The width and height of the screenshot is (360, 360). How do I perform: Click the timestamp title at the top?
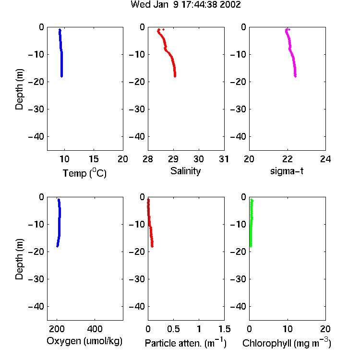pos(185,4)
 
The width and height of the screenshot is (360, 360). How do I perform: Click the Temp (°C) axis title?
pos(84,173)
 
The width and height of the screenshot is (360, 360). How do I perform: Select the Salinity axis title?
pos(185,171)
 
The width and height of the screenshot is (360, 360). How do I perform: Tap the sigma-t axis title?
pos(287,171)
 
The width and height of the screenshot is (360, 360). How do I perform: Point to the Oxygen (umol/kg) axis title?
pos(84,341)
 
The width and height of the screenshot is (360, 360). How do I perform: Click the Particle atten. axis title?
pos(185,343)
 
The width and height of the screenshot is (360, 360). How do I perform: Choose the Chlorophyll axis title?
pos(287,343)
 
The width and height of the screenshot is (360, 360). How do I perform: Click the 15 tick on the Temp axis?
pos(94,159)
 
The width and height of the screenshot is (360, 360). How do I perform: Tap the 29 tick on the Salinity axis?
pos(173,159)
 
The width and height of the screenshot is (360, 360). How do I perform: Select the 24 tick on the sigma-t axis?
pos(325,159)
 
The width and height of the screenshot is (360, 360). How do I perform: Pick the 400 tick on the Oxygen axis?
pos(95,329)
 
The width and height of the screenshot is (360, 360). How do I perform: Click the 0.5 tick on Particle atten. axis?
pos(173,329)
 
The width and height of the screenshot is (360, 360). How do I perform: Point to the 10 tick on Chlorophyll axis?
pos(288,329)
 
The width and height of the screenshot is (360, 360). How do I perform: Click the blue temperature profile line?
pos(61,53)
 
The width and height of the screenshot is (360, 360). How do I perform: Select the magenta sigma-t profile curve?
pos(291,53)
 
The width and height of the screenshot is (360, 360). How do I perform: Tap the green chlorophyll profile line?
pos(251,223)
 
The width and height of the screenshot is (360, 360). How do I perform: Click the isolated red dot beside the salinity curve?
pos(163,29)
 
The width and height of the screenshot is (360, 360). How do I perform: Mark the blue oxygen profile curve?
pos(59,223)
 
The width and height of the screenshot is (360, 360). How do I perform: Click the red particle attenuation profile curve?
pos(149,223)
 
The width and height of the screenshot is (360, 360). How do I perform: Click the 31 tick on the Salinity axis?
pos(224,159)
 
